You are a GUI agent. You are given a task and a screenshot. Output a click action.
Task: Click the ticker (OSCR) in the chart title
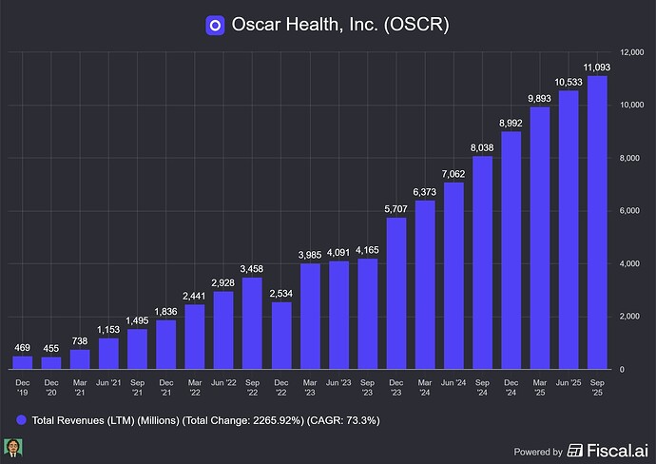(x=416, y=25)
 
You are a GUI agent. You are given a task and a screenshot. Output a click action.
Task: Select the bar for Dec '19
(x=23, y=362)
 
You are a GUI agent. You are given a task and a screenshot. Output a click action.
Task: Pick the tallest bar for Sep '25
(x=598, y=222)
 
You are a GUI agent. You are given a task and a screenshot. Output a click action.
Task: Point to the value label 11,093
(x=598, y=67)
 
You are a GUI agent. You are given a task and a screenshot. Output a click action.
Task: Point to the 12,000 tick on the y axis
(x=632, y=52)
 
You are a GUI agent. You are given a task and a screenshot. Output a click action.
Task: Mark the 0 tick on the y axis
(x=624, y=369)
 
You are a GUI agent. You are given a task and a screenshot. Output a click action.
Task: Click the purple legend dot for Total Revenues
(x=20, y=418)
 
